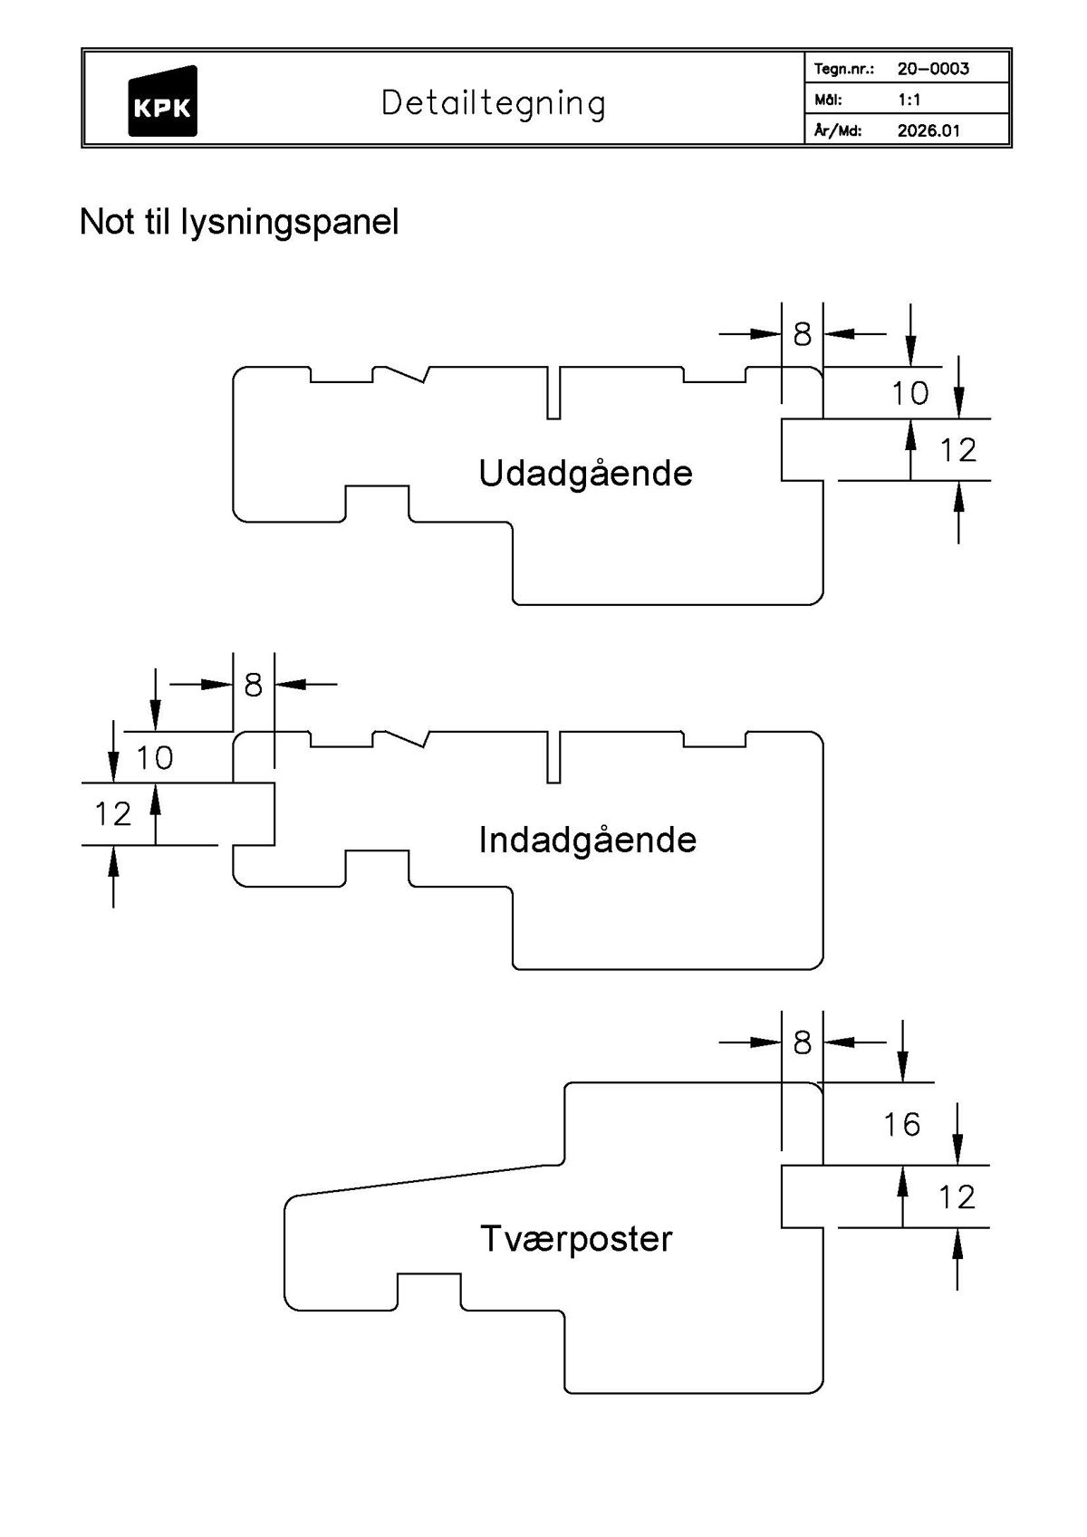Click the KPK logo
(x=162, y=102)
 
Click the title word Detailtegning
(x=493, y=103)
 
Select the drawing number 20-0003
(x=933, y=69)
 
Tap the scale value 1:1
(x=909, y=100)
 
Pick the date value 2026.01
(x=928, y=130)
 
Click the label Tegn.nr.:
(x=842, y=69)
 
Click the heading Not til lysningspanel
(x=239, y=222)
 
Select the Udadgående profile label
(x=585, y=474)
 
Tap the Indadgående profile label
(x=587, y=841)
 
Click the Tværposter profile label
(x=576, y=1239)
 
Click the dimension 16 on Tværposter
(x=901, y=1125)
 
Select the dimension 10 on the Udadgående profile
(x=909, y=394)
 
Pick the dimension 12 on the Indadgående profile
(x=113, y=814)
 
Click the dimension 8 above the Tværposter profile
(x=802, y=1043)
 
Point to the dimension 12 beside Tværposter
(x=957, y=1198)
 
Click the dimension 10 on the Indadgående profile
(x=155, y=758)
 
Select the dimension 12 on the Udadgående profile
(x=958, y=450)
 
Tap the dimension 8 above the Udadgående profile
(x=802, y=335)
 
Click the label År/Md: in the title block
(x=836, y=130)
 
